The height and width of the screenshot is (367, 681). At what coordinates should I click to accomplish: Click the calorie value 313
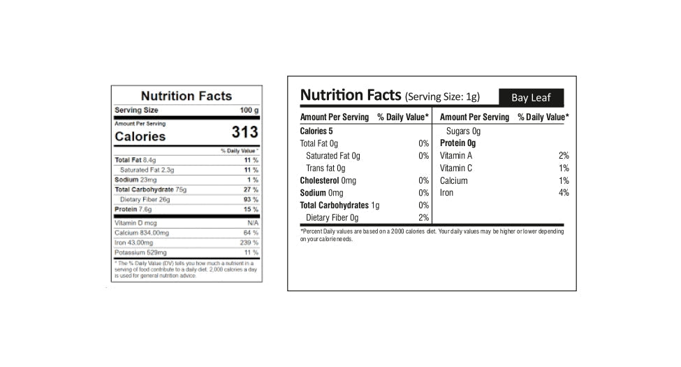tap(244, 133)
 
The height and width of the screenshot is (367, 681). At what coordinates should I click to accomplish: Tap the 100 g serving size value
tap(249, 110)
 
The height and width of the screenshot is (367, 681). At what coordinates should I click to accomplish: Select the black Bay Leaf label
tap(530, 97)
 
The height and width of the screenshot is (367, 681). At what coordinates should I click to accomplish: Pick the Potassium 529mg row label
tap(140, 252)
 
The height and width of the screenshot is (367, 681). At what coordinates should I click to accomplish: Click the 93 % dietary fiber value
tap(250, 199)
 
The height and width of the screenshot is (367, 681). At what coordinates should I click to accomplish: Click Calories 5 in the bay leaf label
tap(316, 131)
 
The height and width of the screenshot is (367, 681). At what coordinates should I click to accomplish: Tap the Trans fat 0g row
tap(325, 168)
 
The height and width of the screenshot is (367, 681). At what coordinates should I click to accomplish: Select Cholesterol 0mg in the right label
tap(328, 180)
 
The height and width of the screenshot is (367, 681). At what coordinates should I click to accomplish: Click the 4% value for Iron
tap(564, 193)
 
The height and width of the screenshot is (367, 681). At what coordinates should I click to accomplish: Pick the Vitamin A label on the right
tap(456, 156)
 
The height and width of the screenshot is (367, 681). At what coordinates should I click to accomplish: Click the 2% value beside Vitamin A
tap(564, 156)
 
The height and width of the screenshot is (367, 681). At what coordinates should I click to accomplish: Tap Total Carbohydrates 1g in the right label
tap(339, 206)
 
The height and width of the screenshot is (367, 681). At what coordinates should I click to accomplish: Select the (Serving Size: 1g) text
tap(442, 97)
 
